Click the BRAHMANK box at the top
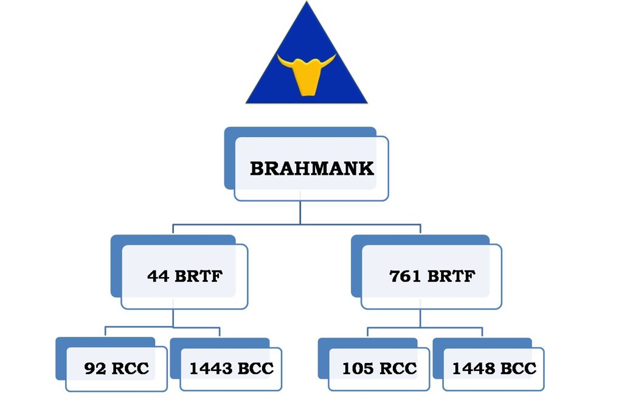311,168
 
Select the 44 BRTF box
184,276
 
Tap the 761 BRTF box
431,276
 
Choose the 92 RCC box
116,368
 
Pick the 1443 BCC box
231,368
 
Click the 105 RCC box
379,368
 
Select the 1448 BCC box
494,368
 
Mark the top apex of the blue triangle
306,4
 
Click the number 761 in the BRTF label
405,276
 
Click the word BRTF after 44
199,276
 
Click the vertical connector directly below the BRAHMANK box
300,213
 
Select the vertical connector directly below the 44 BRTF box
173,319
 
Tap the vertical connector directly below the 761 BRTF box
420,319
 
